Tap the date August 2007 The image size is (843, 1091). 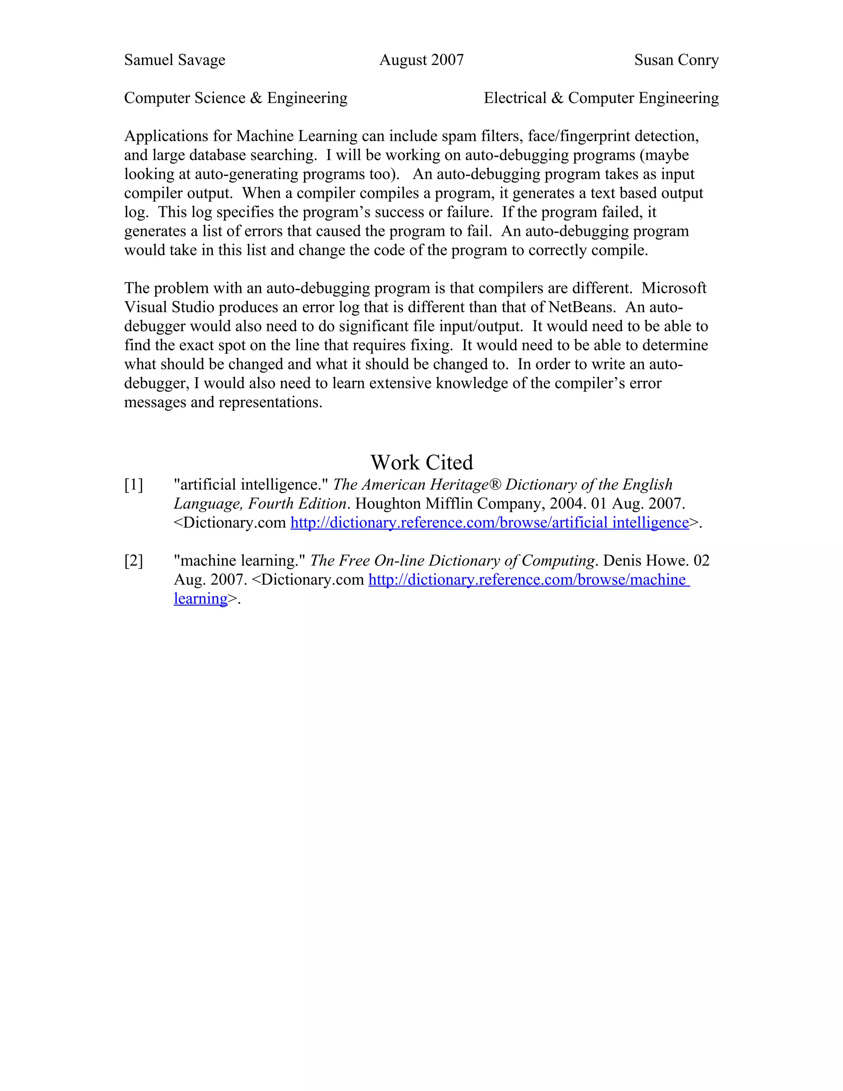point(421,60)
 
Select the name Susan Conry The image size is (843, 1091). point(676,60)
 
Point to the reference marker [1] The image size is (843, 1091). point(133,485)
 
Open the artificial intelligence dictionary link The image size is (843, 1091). point(489,522)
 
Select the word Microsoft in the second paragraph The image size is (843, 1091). point(674,288)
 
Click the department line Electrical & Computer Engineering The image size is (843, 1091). point(601,98)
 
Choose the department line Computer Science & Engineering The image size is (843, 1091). point(236,98)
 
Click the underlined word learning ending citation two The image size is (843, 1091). point(201,599)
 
